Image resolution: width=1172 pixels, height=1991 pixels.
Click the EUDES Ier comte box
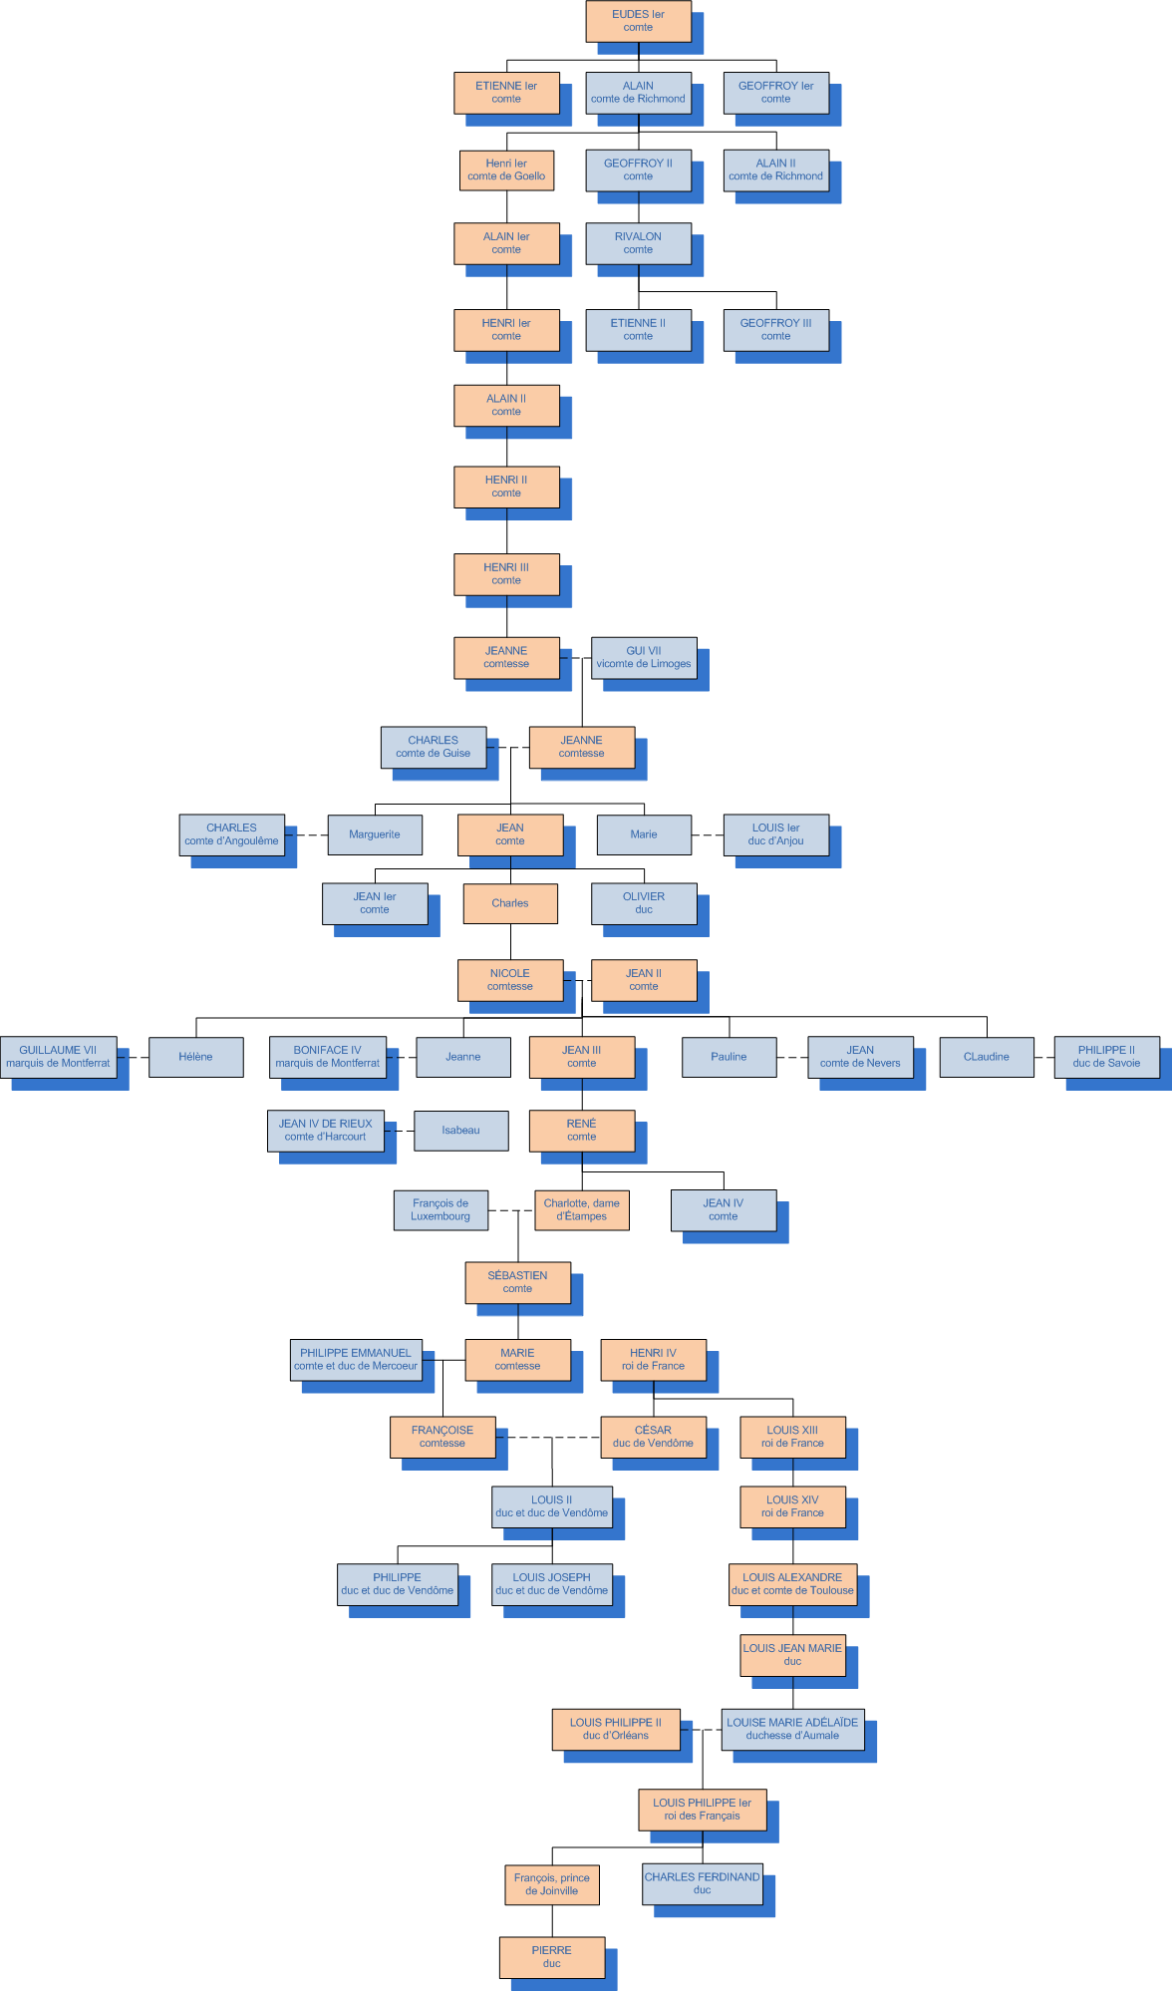(x=638, y=21)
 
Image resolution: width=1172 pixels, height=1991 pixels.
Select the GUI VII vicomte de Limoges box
(x=644, y=658)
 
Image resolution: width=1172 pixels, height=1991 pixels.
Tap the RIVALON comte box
(x=638, y=243)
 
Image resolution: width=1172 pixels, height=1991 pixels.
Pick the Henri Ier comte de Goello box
(x=506, y=170)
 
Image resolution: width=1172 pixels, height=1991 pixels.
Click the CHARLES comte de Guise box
(x=434, y=747)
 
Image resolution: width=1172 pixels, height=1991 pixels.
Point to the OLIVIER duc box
(x=644, y=903)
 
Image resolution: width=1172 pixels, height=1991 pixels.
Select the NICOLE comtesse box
(x=510, y=980)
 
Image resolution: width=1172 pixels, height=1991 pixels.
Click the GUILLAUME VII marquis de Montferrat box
(x=58, y=1057)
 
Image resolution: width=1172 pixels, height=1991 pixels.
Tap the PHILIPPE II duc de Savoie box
(x=1106, y=1057)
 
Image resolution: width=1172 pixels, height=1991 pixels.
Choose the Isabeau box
(x=460, y=1131)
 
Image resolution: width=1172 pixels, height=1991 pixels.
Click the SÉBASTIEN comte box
(x=517, y=1282)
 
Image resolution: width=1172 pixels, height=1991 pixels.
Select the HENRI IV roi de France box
(x=653, y=1360)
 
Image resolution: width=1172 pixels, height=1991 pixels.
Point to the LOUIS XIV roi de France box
(x=792, y=1506)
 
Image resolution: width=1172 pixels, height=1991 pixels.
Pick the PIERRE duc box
(x=551, y=1957)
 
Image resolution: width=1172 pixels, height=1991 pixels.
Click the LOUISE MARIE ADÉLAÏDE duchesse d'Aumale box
(x=792, y=1729)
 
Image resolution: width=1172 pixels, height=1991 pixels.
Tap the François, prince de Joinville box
(x=551, y=1884)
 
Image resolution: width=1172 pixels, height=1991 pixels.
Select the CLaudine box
(x=987, y=1057)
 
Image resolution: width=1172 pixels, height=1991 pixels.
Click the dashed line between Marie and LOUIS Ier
(x=708, y=834)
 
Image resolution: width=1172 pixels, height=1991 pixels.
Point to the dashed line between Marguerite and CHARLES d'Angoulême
(x=306, y=834)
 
